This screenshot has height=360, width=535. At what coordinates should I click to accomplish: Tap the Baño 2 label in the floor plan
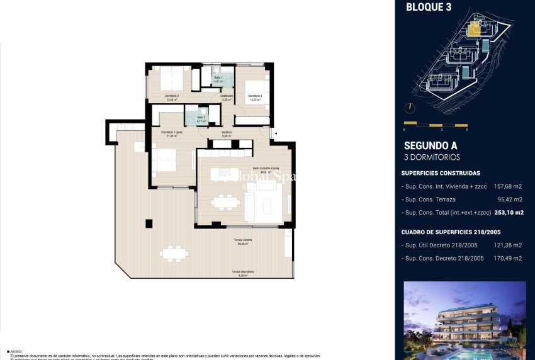[201, 118]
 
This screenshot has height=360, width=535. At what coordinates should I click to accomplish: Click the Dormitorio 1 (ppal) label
[171, 133]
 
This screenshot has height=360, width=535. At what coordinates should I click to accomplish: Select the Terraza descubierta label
[242, 273]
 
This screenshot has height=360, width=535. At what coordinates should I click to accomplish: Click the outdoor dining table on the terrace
[174, 254]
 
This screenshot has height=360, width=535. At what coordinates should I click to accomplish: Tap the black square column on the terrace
[149, 223]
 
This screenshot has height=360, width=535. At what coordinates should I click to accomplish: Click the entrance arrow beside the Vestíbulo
[273, 133]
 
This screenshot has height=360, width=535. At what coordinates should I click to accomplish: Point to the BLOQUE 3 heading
[429, 8]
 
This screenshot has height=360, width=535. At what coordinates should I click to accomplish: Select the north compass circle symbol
[410, 108]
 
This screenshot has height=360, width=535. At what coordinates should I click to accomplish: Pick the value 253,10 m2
[509, 213]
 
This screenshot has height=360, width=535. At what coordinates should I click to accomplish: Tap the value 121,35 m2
[508, 245]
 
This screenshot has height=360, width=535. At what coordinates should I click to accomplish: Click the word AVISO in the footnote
[17, 352]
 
